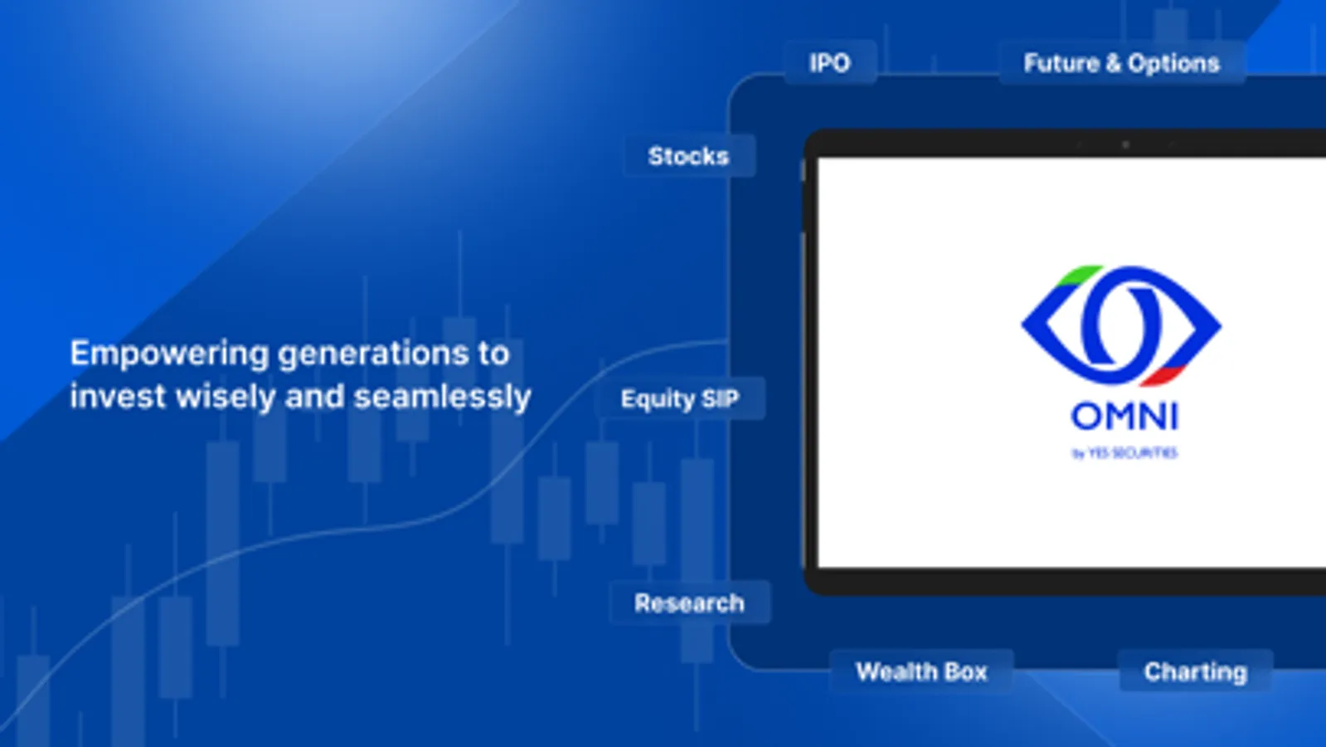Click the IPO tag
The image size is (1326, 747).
[x=829, y=63]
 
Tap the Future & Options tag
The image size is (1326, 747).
[x=1121, y=63]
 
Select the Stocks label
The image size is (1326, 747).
[x=688, y=156]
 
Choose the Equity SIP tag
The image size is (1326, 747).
[x=679, y=399]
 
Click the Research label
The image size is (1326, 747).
[x=689, y=603]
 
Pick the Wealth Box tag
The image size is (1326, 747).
[x=921, y=671]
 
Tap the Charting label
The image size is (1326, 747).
[x=1195, y=671]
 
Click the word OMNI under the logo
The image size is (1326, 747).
[x=1124, y=417]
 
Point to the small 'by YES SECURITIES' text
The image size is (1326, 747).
[x=1124, y=453]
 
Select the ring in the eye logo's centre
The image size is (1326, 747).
[x=1120, y=325]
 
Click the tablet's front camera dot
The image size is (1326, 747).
[x=1125, y=144]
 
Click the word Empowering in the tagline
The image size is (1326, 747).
[x=169, y=354]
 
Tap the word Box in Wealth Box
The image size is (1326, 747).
[x=964, y=671]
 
